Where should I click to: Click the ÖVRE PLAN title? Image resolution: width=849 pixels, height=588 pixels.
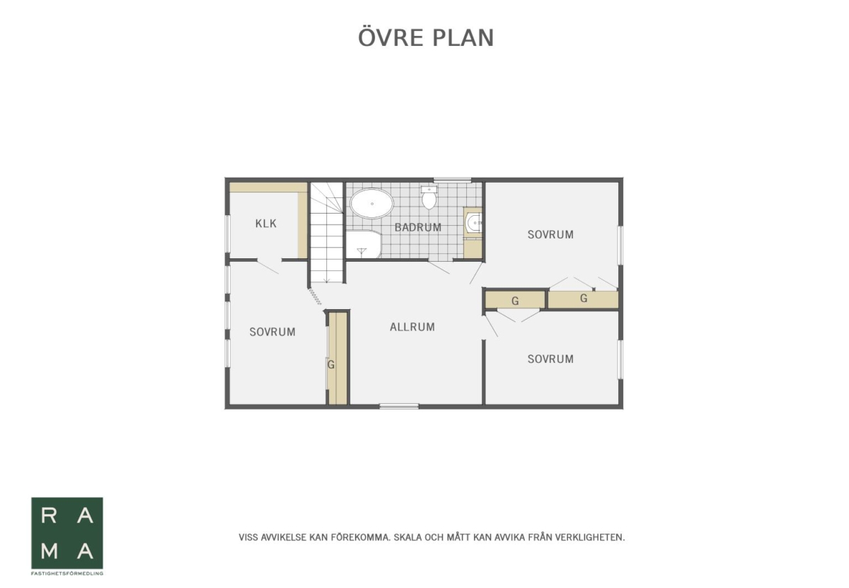(x=426, y=38)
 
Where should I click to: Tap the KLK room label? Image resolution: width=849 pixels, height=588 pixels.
(x=266, y=224)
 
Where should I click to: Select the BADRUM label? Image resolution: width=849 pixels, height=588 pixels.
(x=418, y=227)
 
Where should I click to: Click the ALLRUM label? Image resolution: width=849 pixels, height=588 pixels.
(x=412, y=327)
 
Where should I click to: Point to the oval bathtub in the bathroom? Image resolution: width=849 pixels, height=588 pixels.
(x=372, y=204)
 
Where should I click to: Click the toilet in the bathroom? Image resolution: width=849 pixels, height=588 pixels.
(x=429, y=197)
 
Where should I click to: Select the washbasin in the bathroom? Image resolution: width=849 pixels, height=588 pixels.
(x=473, y=222)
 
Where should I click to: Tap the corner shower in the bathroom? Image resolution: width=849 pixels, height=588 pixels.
(x=364, y=244)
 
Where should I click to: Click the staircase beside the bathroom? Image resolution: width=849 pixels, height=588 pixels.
(x=327, y=232)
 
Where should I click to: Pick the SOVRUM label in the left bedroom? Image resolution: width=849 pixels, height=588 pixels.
(x=272, y=332)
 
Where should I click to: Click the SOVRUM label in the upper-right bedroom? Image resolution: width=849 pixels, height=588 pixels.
(x=550, y=235)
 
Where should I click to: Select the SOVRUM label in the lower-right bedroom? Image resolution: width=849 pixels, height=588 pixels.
(x=550, y=359)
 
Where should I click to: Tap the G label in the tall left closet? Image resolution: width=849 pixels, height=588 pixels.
(x=331, y=364)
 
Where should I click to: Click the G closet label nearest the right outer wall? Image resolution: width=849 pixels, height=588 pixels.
(x=584, y=299)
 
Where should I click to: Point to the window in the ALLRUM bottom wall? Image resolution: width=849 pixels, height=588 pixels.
(x=399, y=406)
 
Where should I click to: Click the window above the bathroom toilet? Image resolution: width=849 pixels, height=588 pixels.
(x=453, y=180)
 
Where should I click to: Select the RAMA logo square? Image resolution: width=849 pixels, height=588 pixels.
(x=67, y=533)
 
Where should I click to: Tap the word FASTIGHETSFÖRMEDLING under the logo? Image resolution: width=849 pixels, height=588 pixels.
(x=67, y=574)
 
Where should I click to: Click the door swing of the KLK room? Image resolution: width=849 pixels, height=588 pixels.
(x=268, y=267)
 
